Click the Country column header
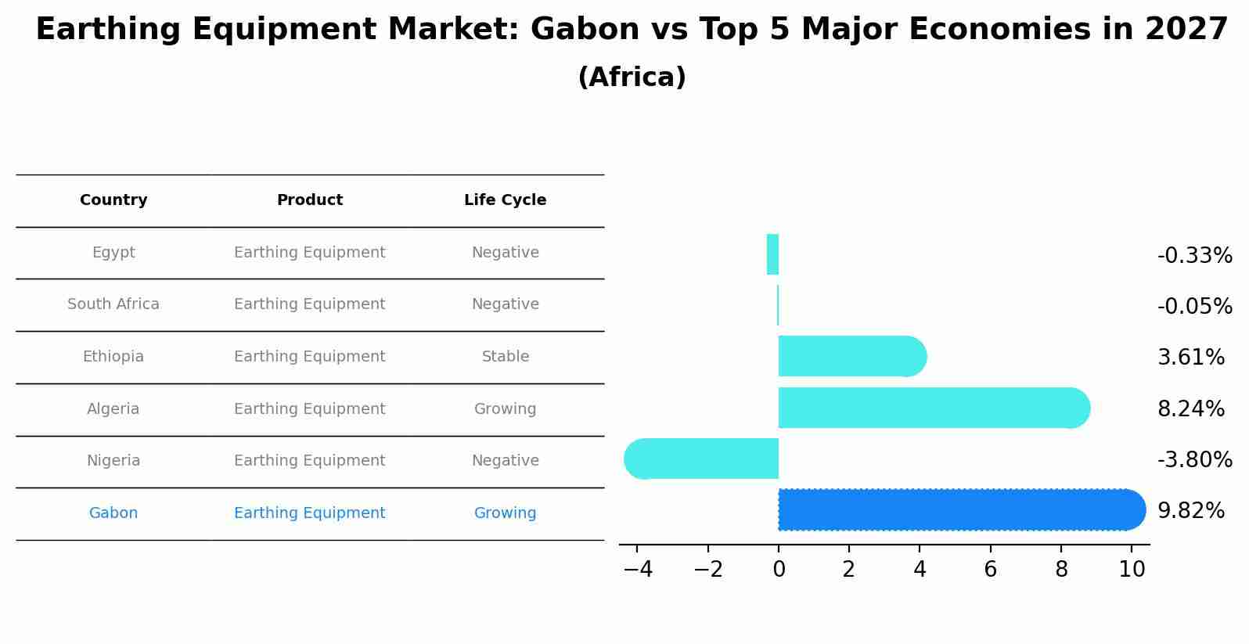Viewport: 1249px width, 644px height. pos(113,200)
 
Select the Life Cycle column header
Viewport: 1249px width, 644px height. pos(505,200)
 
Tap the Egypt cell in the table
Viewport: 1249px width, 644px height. pos(113,253)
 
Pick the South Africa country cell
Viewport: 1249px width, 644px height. pos(113,304)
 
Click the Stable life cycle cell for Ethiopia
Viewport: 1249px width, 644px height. pos(505,357)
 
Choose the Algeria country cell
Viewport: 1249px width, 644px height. pos(113,409)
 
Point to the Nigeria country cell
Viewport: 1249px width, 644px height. pos(113,461)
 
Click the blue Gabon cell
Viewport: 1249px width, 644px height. pos(113,513)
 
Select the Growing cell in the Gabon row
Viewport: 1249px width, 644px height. pos(505,513)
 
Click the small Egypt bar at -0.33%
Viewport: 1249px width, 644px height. pos(772,255)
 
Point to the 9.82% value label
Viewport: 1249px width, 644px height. pos(1190,511)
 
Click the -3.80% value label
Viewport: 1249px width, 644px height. pos(1194,460)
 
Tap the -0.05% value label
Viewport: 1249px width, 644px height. pos(1194,307)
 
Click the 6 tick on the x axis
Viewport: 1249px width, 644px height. pos(990,570)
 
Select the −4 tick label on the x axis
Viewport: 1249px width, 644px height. pos(638,570)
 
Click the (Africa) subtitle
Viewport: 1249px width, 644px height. pos(632,77)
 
